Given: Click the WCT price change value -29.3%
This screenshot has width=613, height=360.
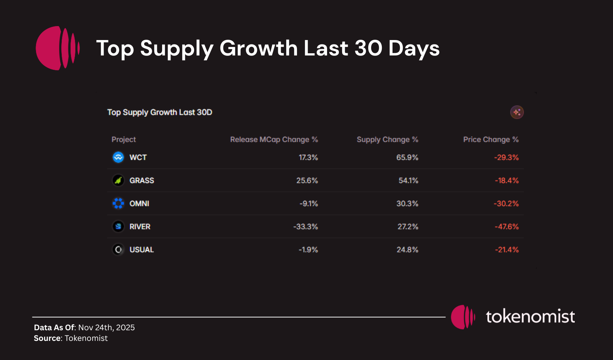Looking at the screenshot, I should tap(506, 158).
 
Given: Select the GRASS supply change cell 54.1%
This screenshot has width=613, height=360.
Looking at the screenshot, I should tap(408, 181).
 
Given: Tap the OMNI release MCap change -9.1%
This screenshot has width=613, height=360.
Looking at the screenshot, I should tap(308, 204).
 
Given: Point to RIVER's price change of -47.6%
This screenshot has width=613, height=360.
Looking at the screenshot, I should tap(506, 227).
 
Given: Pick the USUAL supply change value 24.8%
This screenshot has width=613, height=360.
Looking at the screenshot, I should tap(407, 250).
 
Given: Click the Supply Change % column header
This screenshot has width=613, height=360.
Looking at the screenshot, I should tap(387, 140).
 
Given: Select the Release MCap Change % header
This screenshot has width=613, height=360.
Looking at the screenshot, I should tap(274, 140).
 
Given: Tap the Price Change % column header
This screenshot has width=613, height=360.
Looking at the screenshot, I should tap(491, 140).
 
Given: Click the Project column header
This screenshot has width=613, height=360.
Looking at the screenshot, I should tap(123, 140).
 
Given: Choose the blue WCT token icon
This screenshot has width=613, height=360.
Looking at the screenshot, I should tap(118, 157).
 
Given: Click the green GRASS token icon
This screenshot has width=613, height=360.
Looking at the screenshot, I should tap(118, 180).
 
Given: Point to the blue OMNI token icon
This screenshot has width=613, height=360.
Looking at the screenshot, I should tap(118, 204).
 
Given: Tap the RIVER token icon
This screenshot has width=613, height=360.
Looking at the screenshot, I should tap(118, 227).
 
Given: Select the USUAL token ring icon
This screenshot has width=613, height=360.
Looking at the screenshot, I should tap(118, 250).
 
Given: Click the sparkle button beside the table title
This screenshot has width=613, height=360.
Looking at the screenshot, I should tap(517, 112).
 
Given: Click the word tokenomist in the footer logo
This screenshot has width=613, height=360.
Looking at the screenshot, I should tap(530, 317).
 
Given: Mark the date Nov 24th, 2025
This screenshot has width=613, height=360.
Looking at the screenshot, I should tap(107, 328).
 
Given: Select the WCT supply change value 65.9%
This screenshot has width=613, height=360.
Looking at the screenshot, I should tap(407, 158).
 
